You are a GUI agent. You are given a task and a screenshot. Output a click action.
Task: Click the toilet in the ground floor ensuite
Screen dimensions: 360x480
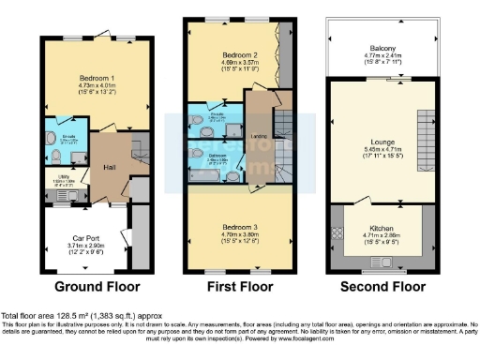click(x=80, y=155)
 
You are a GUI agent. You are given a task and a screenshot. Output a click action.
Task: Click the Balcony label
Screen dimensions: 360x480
click(x=381, y=48)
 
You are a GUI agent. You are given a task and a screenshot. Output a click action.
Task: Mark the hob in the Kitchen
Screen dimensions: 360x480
click(x=335, y=232)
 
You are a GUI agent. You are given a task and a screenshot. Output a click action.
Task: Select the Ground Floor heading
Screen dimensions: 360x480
click(x=97, y=286)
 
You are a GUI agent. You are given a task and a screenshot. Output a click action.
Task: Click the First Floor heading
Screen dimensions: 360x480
click(x=237, y=286)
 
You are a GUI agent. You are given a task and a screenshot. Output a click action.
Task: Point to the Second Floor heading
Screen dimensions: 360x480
click(x=381, y=286)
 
